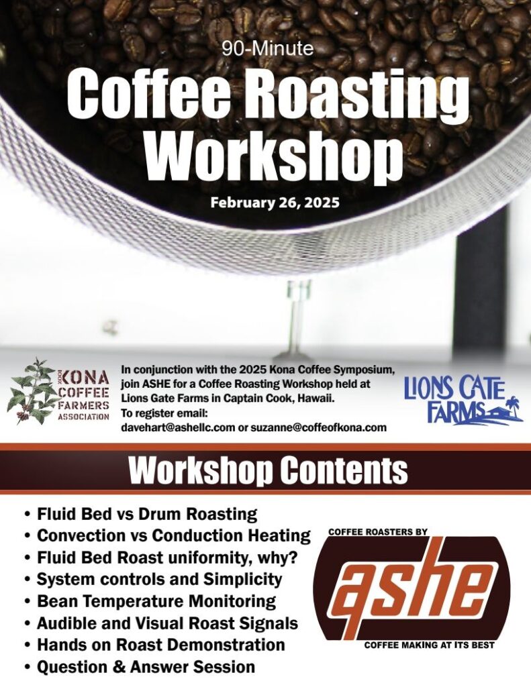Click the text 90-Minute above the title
[268, 48]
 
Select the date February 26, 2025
[275, 203]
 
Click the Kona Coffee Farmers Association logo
[58, 391]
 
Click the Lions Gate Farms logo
[463, 401]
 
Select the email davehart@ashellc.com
[178, 427]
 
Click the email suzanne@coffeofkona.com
[318, 427]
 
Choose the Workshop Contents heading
[269, 470]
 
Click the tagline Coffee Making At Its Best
[429, 645]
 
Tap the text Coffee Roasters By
[378, 532]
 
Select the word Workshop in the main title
[273, 154]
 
